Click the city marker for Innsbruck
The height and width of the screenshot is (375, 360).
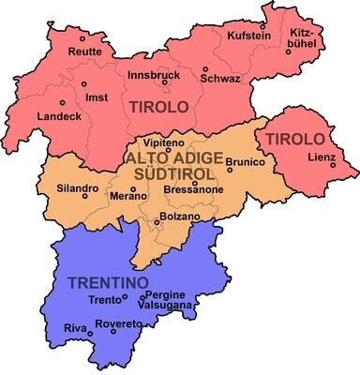pos(164,82)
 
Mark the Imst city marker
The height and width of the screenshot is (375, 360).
pos(62,101)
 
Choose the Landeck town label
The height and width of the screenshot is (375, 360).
pos(57,116)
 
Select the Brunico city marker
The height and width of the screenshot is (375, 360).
pos(255,169)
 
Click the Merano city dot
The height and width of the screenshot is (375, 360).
pos(133,188)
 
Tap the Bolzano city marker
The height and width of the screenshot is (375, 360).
pos(157,222)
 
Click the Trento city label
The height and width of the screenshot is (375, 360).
pos(104,300)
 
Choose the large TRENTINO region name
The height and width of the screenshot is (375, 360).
pos(105,280)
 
